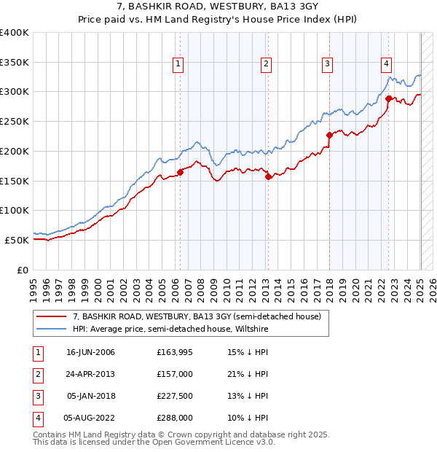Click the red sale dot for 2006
pos(181,172)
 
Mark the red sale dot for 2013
pos(269,176)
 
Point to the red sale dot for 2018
pos(329,134)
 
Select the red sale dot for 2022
pos(388,98)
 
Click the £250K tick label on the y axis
pos(15,121)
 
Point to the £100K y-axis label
pos(15,210)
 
